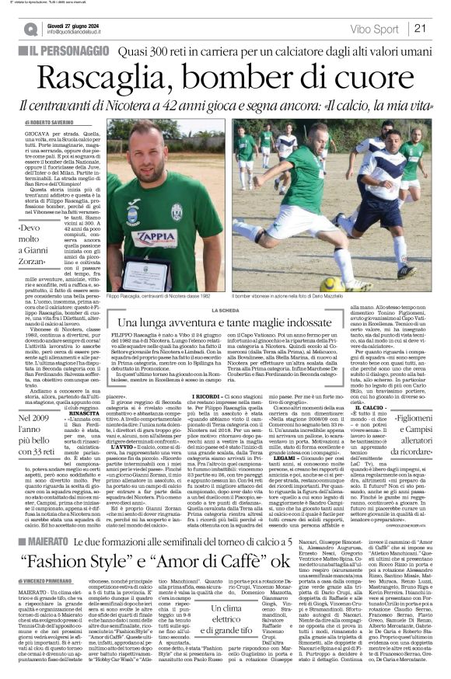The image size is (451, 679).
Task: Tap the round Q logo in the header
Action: point(30,29)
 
